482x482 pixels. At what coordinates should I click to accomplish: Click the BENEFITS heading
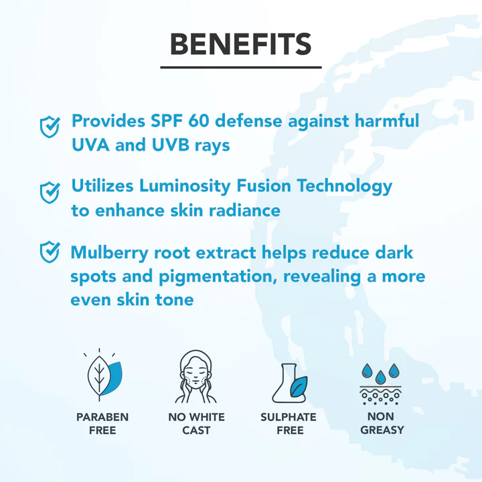241,44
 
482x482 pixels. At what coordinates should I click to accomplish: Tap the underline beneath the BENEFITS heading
241,67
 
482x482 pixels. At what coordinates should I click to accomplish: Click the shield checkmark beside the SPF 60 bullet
50,127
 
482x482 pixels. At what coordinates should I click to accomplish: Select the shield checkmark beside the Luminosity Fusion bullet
50,192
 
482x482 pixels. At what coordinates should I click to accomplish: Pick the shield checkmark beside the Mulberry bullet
50,252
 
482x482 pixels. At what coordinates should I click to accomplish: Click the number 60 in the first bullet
199,120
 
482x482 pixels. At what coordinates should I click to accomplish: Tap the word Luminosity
185,186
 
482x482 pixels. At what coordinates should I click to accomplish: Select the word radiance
245,211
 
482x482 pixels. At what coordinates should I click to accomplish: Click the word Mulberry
109,253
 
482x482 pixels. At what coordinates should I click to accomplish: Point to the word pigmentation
216,276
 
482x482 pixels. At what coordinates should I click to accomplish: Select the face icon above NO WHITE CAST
195,376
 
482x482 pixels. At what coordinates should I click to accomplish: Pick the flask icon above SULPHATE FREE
290,383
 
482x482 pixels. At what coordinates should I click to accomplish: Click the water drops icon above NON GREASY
380,384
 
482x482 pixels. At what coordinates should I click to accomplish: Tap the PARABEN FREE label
102,424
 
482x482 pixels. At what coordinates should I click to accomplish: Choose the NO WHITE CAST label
196,424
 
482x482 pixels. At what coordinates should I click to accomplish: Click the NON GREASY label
382,423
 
